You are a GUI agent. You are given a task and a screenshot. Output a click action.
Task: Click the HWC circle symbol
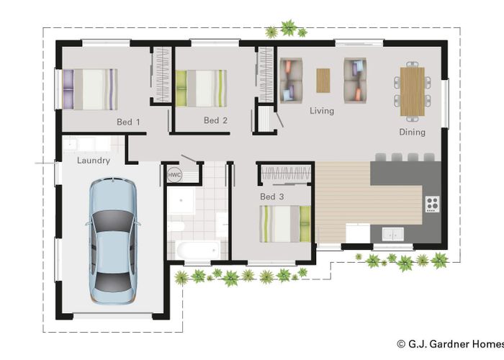point(174,175)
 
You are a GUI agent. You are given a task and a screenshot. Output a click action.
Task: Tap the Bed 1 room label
point(128,122)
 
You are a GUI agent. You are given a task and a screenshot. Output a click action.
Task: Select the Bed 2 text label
point(215,120)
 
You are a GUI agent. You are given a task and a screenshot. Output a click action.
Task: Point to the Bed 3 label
point(272,197)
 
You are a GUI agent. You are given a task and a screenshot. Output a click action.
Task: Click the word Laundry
point(94,161)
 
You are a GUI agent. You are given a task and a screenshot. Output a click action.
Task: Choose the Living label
point(322,111)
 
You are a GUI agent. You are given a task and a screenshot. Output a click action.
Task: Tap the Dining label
point(412,132)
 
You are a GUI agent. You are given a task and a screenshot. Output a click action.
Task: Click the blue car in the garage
point(112,241)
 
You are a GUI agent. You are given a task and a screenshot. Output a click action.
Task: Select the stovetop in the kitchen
point(432,204)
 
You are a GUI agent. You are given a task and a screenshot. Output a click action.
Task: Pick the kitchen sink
point(393,234)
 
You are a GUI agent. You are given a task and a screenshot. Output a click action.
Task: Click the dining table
point(413,91)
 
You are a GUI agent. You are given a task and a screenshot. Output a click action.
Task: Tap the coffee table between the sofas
point(323,81)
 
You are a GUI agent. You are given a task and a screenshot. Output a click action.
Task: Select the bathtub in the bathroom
point(198,250)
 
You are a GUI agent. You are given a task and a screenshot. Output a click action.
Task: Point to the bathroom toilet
point(176,226)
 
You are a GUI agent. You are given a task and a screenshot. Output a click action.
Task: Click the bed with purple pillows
point(90,89)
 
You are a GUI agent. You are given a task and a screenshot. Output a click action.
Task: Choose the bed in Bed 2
point(201,89)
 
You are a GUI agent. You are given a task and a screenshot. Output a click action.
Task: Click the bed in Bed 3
point(285,224)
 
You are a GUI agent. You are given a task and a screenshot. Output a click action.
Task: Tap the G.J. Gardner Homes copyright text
point(450,344)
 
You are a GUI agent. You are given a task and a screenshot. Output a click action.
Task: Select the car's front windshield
point(113,220)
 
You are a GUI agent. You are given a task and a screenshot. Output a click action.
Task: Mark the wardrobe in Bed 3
point(286,174)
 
